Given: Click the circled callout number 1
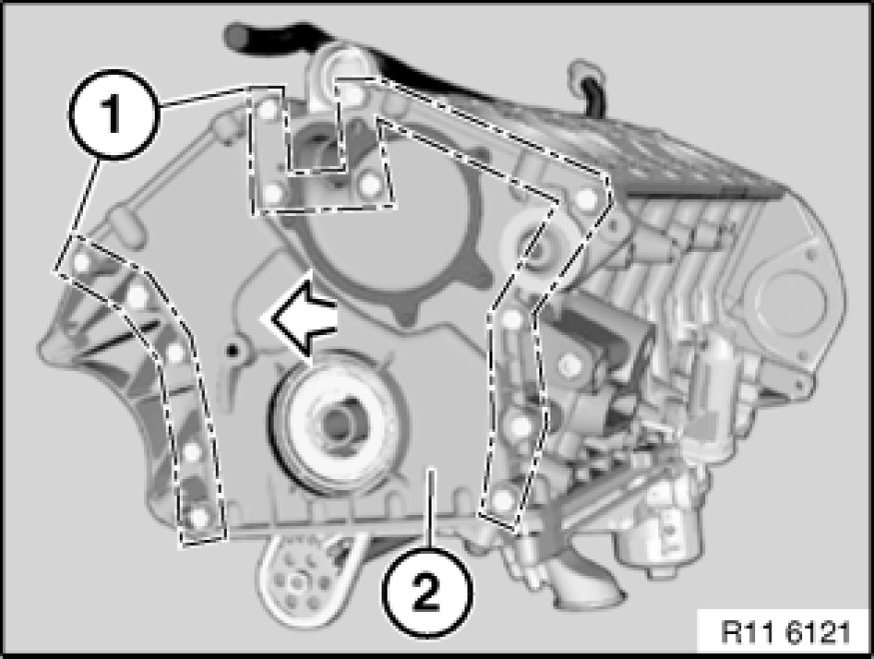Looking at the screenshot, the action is (x=114, y=114).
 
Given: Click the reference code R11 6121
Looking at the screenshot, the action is (x=786, y=632).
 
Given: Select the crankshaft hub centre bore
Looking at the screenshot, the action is (x=335, y=422).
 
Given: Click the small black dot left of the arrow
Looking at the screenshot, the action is (x=232, y=350).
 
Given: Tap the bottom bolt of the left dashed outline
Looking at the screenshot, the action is (x=199, y=518).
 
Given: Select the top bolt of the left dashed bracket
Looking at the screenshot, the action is (x=82, y=261).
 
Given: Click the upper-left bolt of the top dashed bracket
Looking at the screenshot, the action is (x=268, y=108).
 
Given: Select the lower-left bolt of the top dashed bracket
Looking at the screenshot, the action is (x=273, y=193).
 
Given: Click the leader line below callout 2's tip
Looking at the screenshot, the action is (x=430, y=509).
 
